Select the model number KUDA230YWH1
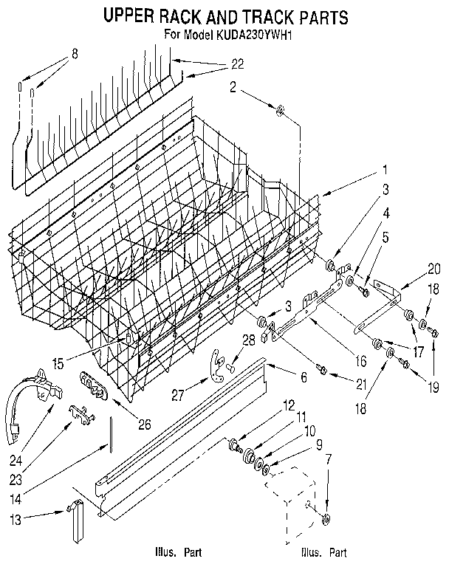click(253, 33)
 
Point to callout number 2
click(233, 88)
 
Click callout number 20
click(434, 269)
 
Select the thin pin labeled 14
click(111, 435)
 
